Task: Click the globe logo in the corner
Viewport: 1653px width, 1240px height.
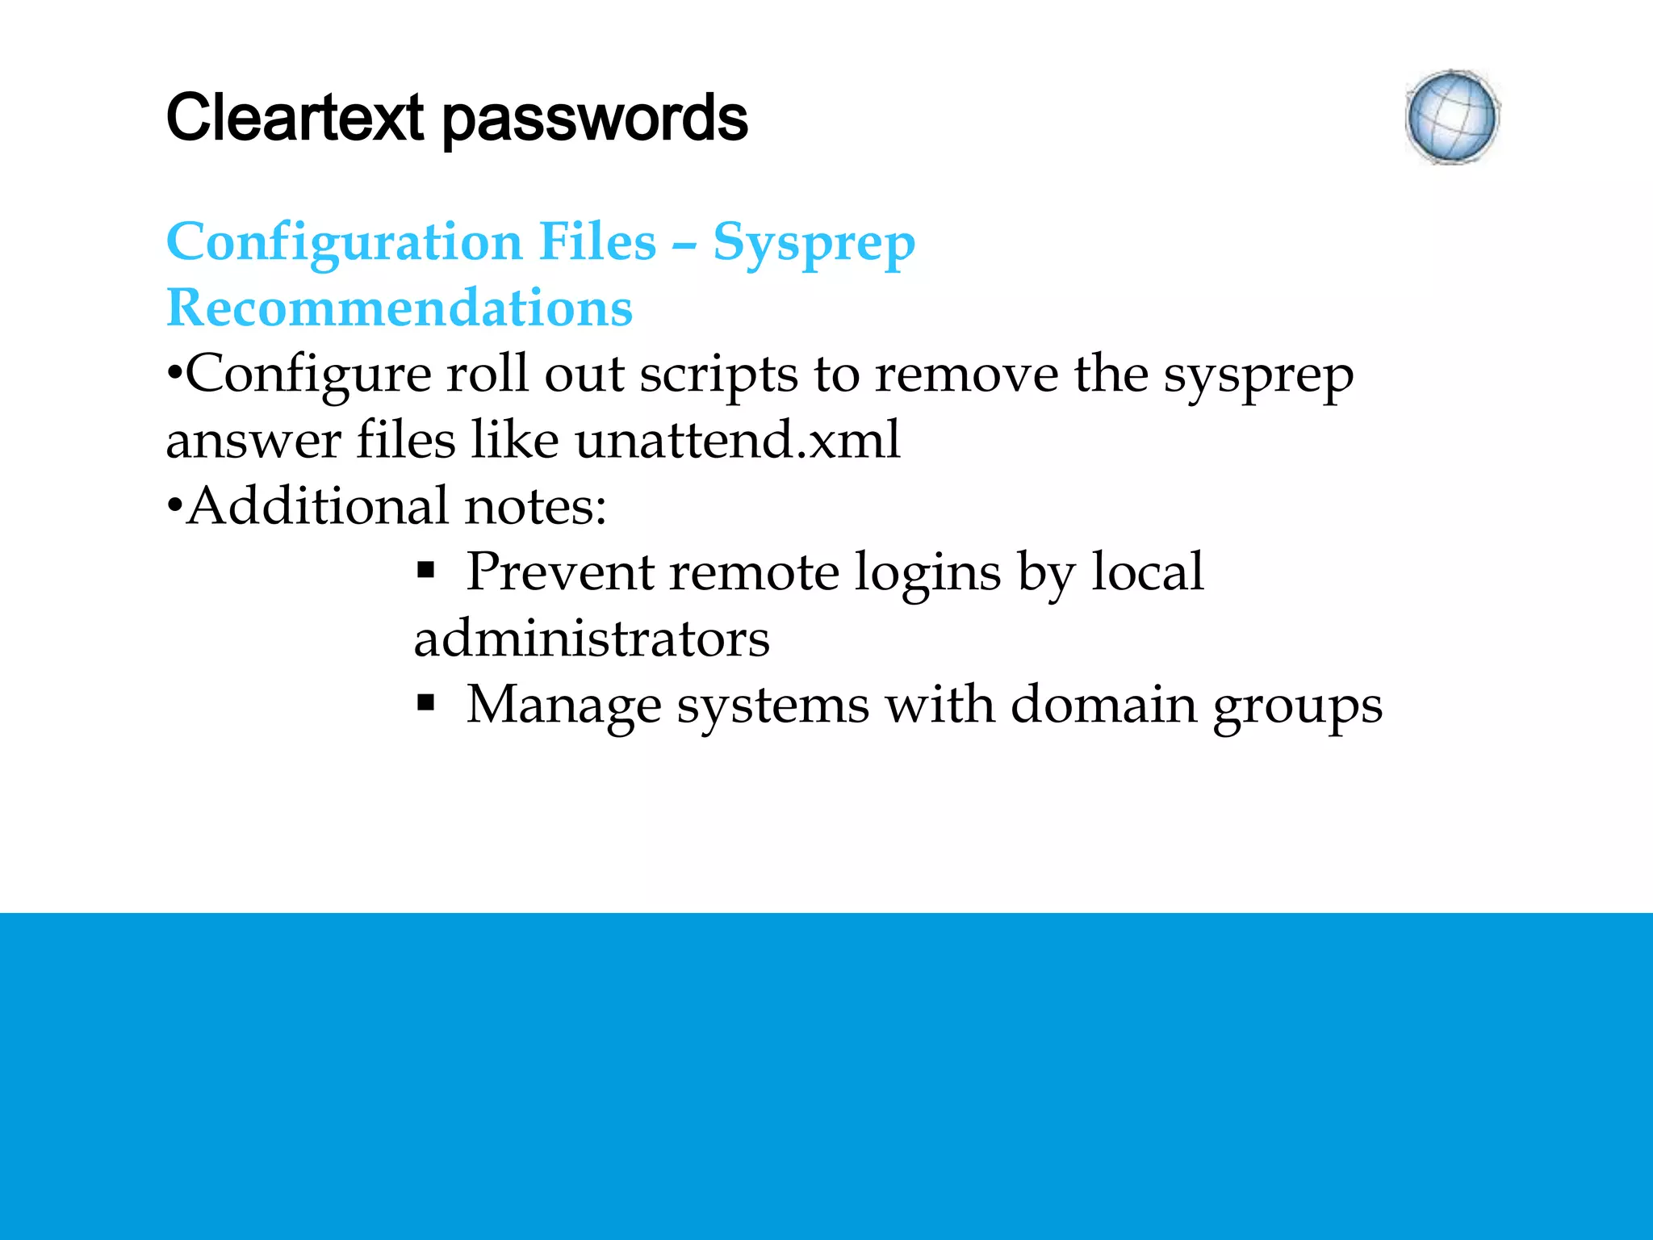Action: (1452, 117)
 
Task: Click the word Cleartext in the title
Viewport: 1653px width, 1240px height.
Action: (295, 118)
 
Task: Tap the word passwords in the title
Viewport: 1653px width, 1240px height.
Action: (595, 119)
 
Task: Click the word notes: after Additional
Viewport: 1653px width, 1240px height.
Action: (535, 506)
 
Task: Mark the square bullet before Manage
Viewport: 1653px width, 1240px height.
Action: (425, 705)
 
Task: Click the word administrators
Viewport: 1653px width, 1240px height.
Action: (592, 639)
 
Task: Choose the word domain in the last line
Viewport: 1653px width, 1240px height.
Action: (1103, 705)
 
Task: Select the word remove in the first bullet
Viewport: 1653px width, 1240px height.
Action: (966, 375)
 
